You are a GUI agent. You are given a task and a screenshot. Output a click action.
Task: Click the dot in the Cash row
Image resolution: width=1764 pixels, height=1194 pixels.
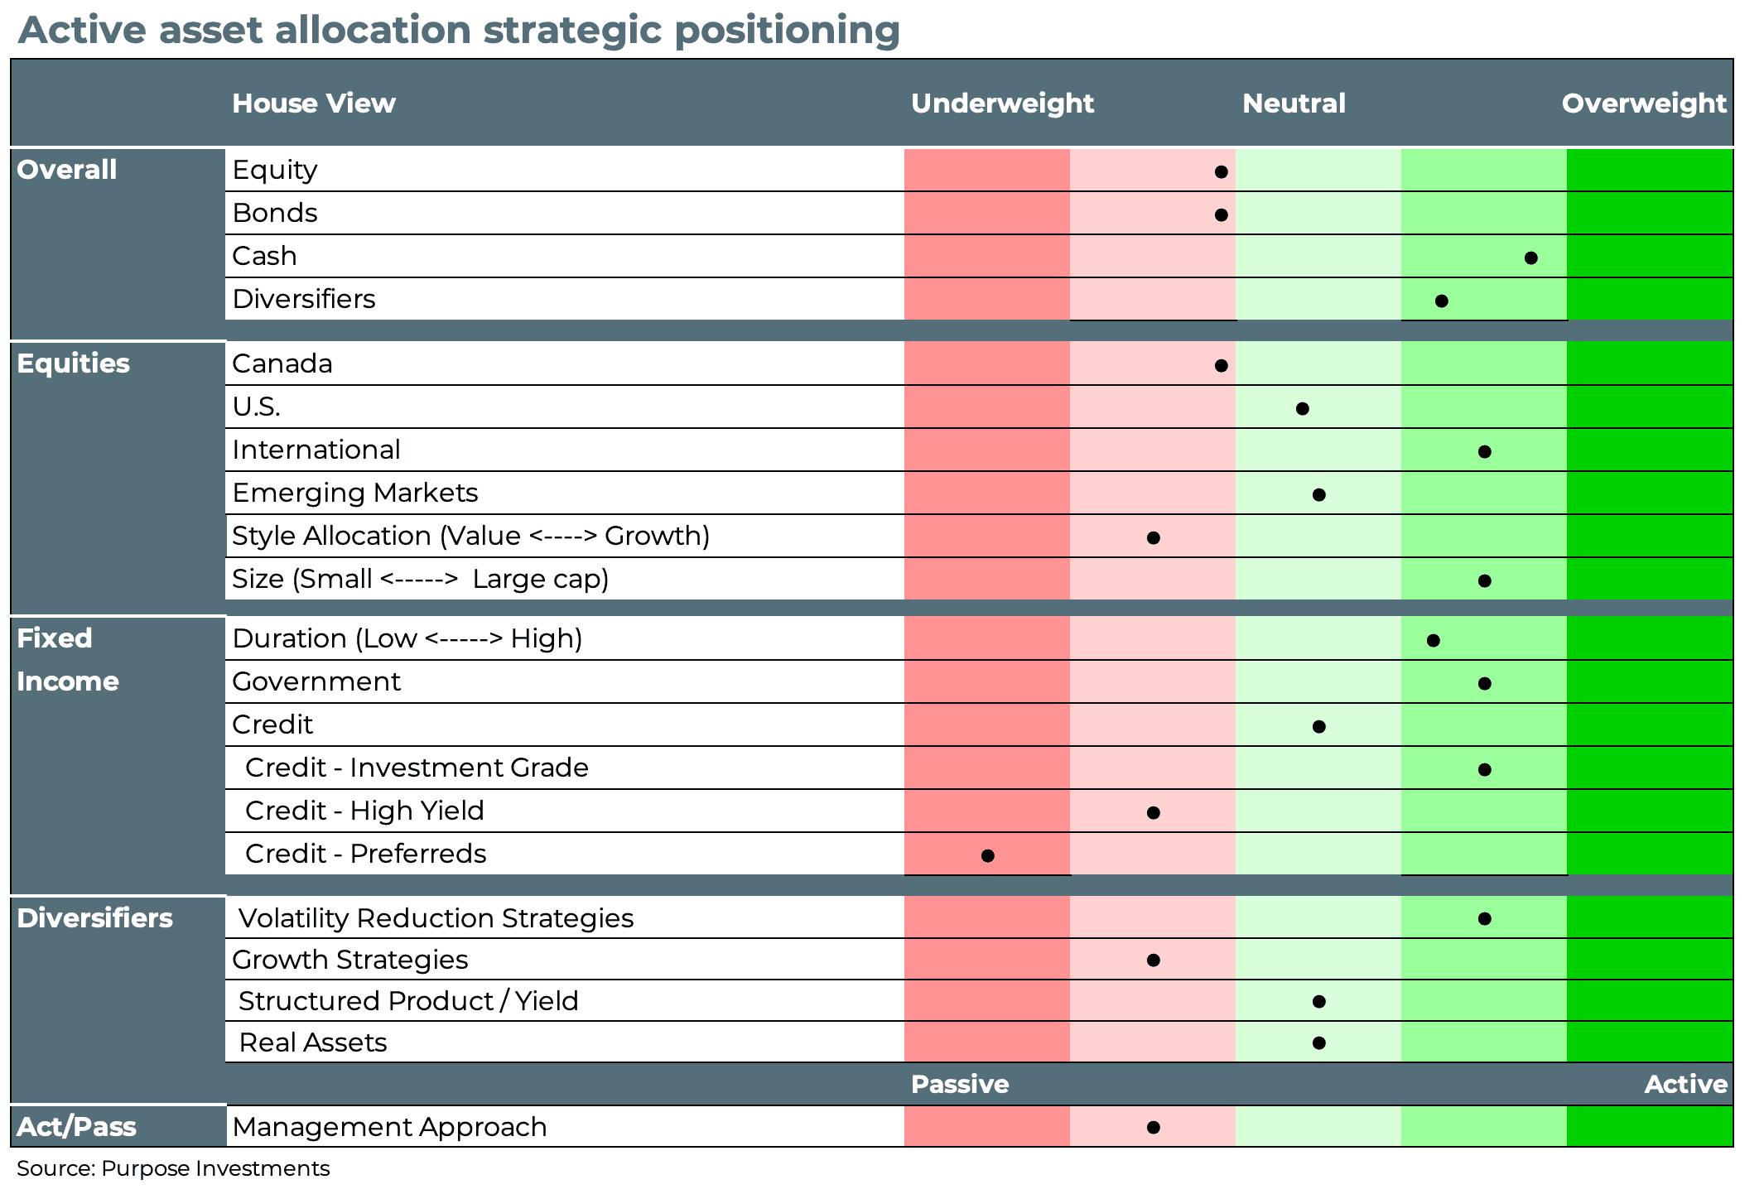tap(1530, 258)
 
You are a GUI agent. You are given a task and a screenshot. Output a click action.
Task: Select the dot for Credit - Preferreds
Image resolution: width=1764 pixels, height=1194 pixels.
tap(987, 855)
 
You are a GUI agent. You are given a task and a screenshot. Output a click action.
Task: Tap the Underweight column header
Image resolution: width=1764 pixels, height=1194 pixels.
tap(1002, 104)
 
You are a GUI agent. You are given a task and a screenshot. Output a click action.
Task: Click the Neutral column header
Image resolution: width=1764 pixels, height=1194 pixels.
tap(1294, 104)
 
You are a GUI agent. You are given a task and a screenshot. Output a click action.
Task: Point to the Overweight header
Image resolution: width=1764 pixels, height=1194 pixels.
tap(1643, 104)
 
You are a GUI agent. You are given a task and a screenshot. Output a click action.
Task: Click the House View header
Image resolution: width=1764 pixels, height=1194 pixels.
tap(313, 104)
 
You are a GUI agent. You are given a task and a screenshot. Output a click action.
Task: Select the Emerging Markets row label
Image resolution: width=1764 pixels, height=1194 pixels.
tap(354, 493)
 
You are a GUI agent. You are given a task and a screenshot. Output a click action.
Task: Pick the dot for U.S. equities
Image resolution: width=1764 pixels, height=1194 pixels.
tap(1302, 408)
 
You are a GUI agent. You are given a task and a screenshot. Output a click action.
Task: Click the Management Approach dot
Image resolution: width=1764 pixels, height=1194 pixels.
tap(1153, 1127)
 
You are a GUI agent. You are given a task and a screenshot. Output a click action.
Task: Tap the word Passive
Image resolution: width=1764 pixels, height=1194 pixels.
tap(959, 1084)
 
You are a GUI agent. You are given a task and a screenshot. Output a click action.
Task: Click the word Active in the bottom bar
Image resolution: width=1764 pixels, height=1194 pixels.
tap(1685, 1084)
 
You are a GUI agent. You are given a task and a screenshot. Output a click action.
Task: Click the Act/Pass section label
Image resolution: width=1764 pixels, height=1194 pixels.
tap(76, 1127)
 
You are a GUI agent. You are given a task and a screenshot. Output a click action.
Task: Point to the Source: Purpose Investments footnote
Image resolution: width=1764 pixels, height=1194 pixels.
tap(173, 1168)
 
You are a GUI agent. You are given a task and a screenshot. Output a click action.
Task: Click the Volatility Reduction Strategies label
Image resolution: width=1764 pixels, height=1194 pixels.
tap(436, 918)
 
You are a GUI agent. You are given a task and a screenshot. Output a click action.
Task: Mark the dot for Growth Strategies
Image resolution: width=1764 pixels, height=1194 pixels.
tap(1153, 960)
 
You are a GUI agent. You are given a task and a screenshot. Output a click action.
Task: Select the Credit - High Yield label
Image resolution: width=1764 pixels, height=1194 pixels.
tap(364, 811)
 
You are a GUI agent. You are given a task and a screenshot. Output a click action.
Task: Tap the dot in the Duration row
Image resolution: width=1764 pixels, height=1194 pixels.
tap(1433, 640)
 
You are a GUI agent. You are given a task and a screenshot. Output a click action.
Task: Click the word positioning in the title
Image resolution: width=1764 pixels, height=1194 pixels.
tap(787, 31)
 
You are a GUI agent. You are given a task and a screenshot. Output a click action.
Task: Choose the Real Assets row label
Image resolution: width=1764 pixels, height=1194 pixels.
tap(312, 1042)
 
